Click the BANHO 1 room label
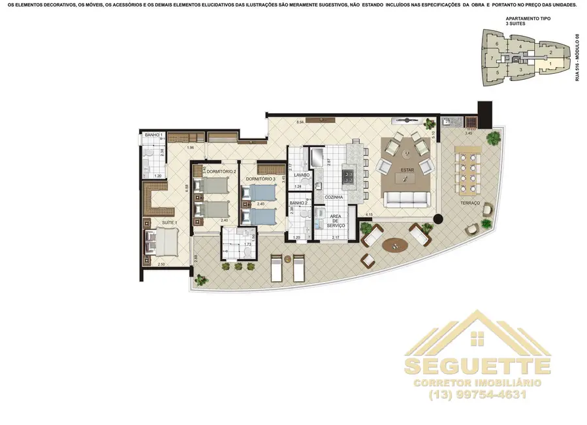point(153,135)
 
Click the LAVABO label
point(301,175)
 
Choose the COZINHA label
point(329,196)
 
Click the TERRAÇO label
point(469,203)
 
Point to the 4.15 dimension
point(369,214)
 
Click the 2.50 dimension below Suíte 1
point(161,264)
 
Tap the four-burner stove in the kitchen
point(348,177)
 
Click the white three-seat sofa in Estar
point(407,199)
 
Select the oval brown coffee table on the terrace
point(395,245)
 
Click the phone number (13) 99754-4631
point(477,394)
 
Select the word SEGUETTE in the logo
point(477,365)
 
